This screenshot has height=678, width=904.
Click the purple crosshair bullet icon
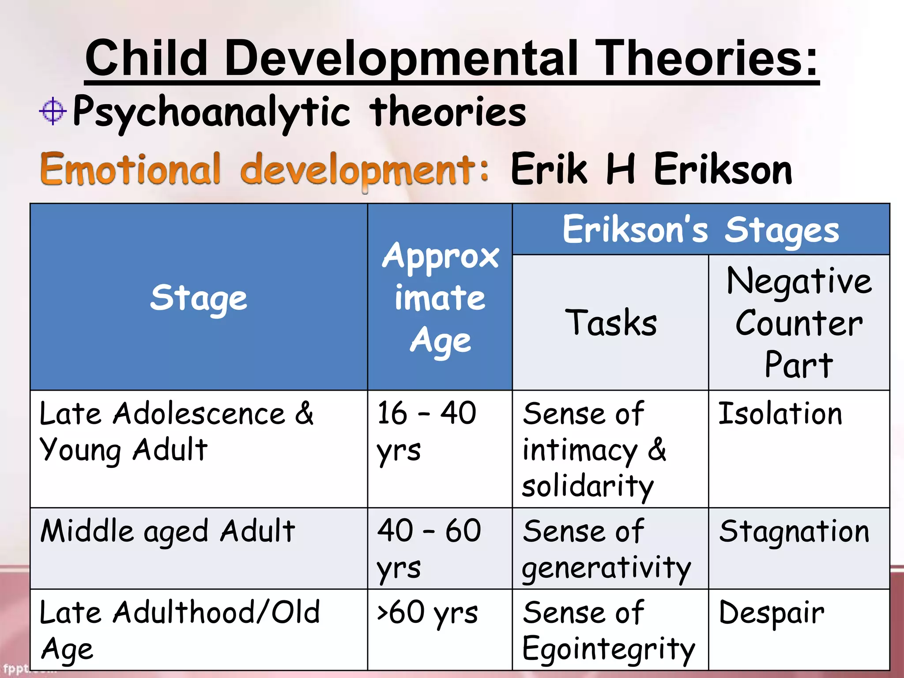[x=53, y=111]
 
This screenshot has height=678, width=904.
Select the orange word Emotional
[x=131, y=169]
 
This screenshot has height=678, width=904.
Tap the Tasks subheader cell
[x=610, y=323]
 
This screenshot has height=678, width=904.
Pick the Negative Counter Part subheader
[x=799, y=323]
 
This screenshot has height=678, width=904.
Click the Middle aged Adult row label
[x=168, y=531]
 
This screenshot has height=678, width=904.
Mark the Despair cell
[x=772, y=614]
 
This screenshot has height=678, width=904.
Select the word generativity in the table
[x=606, y=568]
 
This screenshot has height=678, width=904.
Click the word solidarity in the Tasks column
[x=588, y=486]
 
